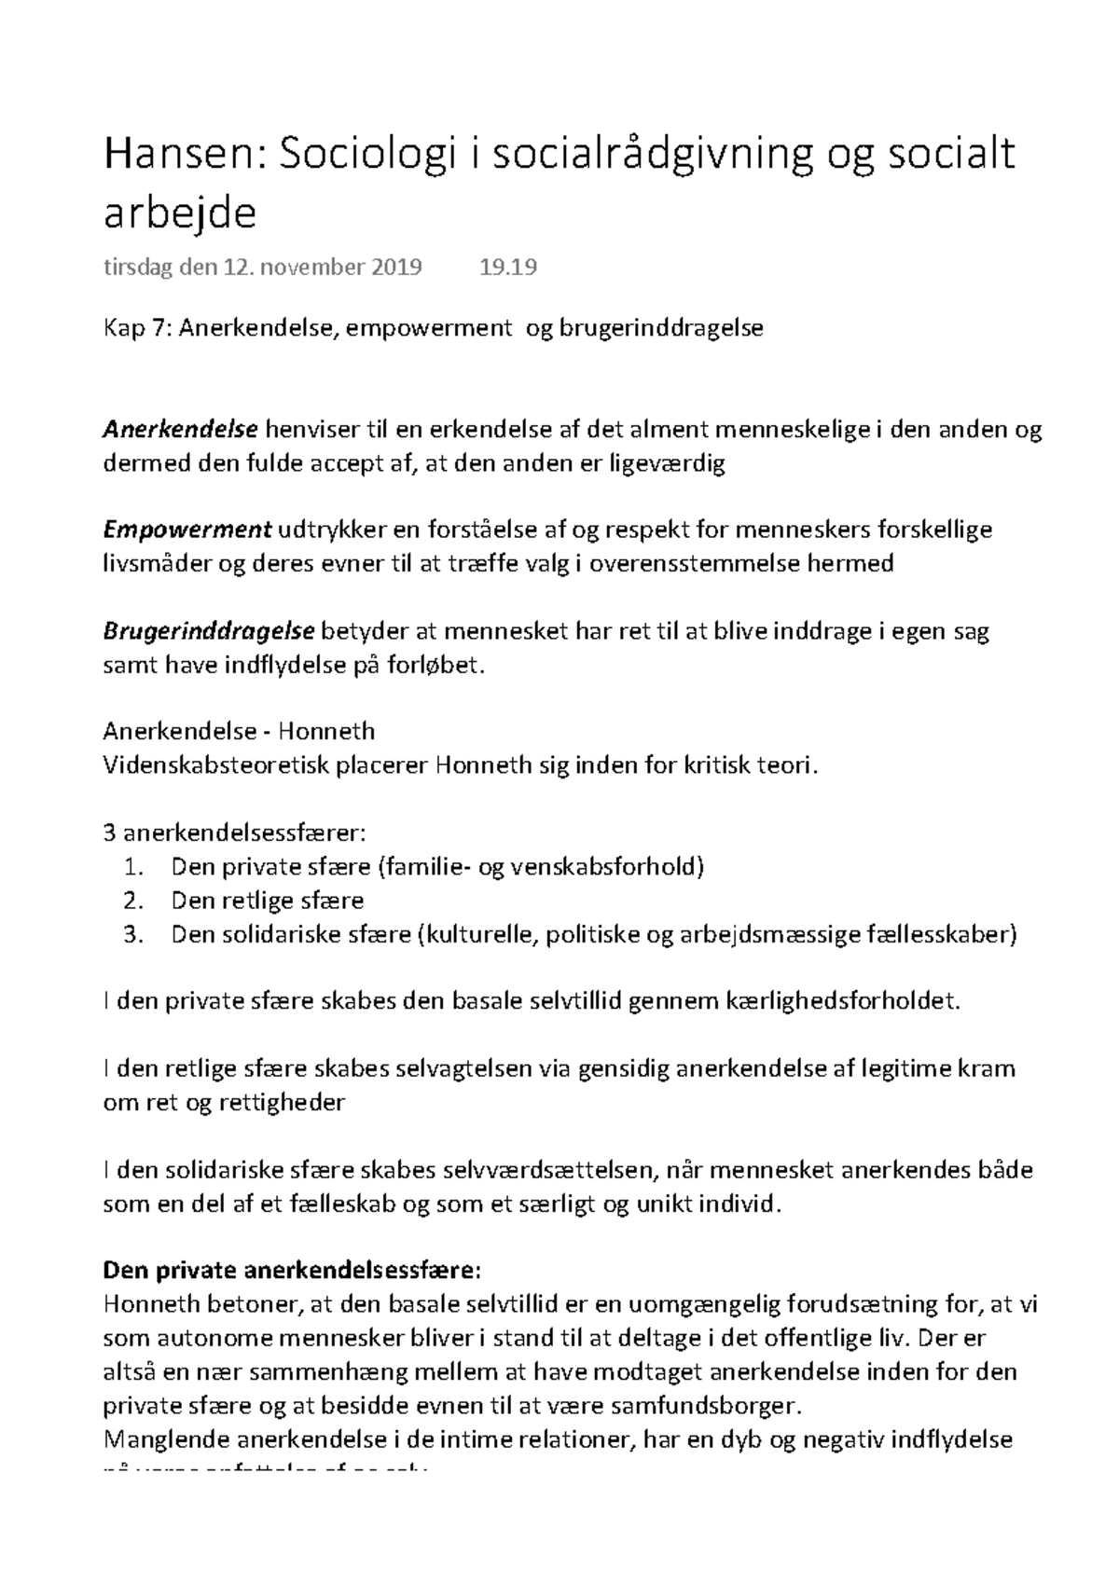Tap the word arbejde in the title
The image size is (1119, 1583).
[179, 215]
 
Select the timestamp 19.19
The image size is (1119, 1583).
[508, 268]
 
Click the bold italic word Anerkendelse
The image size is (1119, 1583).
[180, 430]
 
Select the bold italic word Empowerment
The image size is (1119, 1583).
[186, 530]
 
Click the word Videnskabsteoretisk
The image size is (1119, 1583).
[215, 766]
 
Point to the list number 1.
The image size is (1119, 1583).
[133, 867]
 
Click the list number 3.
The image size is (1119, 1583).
[133, 934]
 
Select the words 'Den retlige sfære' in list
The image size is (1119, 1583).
[268, 901]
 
